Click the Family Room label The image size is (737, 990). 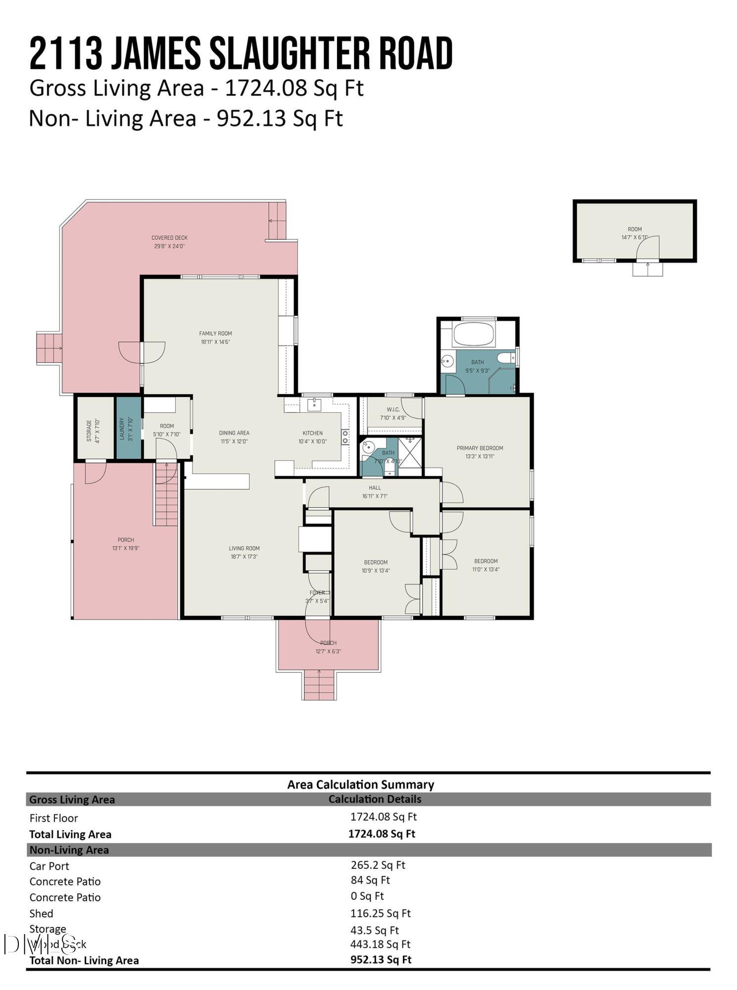pos(215,333)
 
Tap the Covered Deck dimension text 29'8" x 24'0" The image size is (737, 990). pos(169,246)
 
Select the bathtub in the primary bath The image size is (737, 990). pos(474,335)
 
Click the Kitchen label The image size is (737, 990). pos(312,433)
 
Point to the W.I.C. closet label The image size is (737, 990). pos(393,409)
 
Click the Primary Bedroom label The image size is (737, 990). pos(479,448)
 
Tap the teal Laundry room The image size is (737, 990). pos(128,428)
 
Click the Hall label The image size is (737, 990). pos(375,488)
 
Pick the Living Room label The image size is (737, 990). pos(244,548)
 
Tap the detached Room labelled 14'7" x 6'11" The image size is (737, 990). pos(635,233)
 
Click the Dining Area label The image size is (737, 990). pos(234,433)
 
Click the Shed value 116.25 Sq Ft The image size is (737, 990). pos(380,913)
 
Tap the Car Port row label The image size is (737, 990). pos(49,866)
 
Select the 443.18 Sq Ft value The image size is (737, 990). pos(380,944)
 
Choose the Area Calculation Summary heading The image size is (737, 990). pos(360,784)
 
